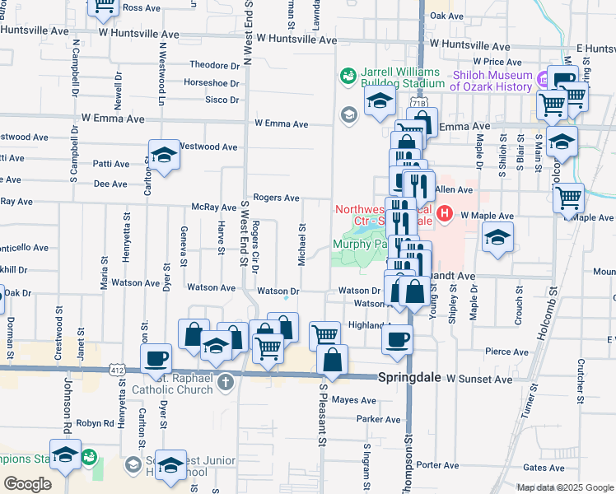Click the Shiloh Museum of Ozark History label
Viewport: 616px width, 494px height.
(492, 81)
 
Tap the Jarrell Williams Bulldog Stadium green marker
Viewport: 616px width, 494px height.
(348, 77)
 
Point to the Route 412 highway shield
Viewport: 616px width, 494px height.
(121, 375)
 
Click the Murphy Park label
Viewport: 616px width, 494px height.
(360, 244)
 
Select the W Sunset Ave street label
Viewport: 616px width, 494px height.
(478, 380)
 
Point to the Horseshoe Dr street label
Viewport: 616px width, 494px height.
(211, 83)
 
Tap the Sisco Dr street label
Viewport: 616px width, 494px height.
(222, 100)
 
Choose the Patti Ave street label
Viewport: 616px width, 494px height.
(111, 164)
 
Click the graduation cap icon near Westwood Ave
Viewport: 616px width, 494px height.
(164, 156)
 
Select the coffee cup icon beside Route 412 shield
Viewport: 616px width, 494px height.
(156, 359)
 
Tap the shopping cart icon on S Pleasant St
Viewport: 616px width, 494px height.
(324, 334)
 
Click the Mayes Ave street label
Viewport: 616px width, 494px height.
(355, 400)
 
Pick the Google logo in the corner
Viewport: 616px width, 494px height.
(27, 484)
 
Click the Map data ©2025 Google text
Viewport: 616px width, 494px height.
(565, 487)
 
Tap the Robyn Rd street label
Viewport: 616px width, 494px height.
(95, 423)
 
